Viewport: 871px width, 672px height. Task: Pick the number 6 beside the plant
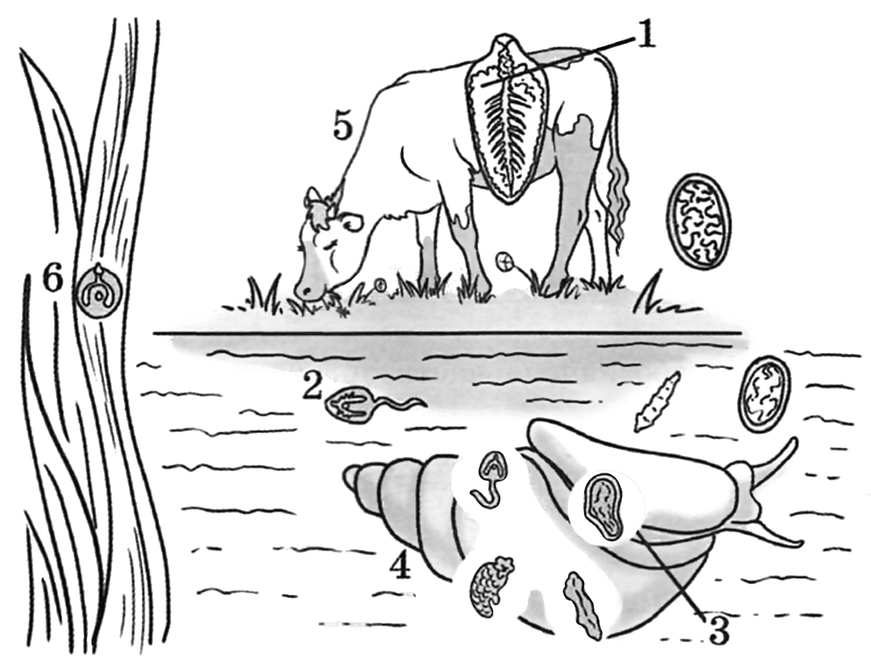53,281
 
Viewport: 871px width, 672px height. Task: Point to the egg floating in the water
764,393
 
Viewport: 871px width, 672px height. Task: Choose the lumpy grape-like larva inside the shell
491,585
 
